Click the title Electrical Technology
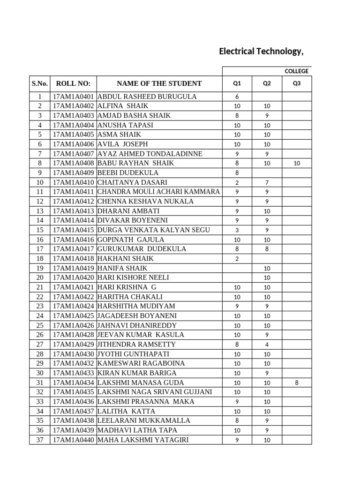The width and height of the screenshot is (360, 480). pos(261,52)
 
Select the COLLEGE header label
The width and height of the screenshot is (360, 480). pos(296,71)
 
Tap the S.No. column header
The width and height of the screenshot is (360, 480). pos(40,83)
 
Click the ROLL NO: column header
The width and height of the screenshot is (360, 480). pos(73,83)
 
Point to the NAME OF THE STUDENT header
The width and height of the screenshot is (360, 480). pos(159,83)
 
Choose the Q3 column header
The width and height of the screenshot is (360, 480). pos(296,83)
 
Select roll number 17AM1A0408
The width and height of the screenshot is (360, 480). pos(74,163)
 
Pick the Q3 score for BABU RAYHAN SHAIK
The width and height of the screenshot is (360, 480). pos(296,163)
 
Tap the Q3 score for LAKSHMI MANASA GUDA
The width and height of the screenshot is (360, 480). pos(296,382)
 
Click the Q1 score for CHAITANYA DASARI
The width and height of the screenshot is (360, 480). pos(237,182)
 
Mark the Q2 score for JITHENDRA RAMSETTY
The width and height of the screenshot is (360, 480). pos(267,345)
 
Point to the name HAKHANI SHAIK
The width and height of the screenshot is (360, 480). pos(125,258)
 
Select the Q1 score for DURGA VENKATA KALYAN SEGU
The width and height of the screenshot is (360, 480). pos(237,230)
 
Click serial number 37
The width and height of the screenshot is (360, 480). pos(40,440)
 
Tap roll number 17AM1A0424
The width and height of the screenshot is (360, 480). pos(74,306)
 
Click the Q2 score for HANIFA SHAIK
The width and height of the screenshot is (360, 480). pos(267,268)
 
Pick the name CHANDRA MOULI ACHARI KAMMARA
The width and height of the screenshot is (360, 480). pos(158,192)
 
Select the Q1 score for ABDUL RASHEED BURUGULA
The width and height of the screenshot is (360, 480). pos(237,97)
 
